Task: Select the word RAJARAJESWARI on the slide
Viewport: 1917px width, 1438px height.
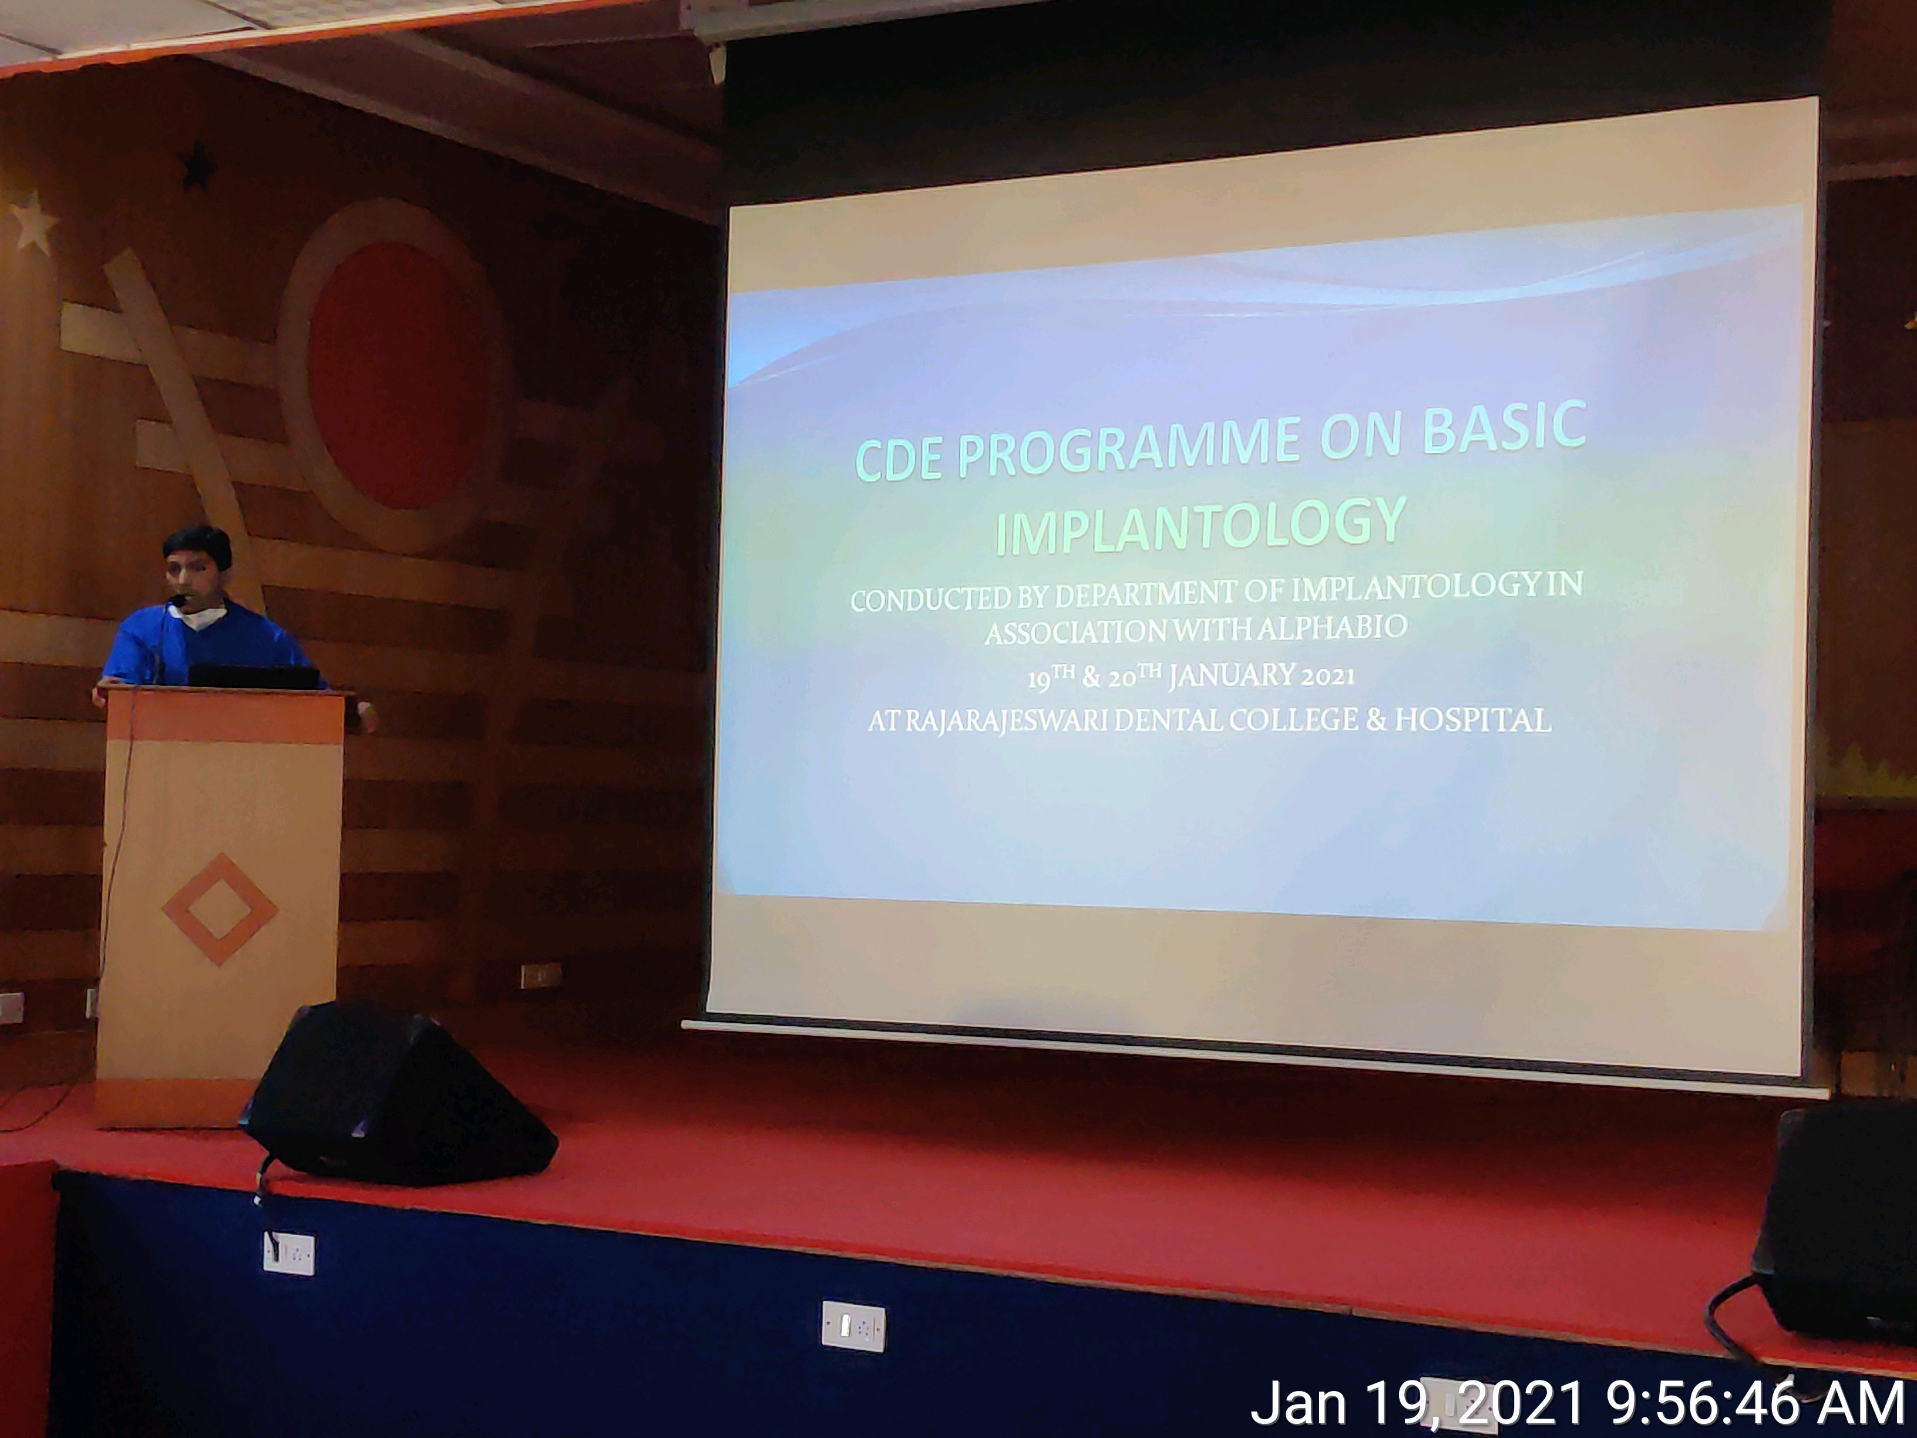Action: (1004, 721)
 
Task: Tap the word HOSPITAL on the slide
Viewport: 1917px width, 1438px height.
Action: (1472, 720)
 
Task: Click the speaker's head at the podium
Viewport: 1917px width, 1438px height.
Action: (197, 563)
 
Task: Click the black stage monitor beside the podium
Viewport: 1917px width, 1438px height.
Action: (399, 1094)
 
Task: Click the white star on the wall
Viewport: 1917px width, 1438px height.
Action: (33, 223)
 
